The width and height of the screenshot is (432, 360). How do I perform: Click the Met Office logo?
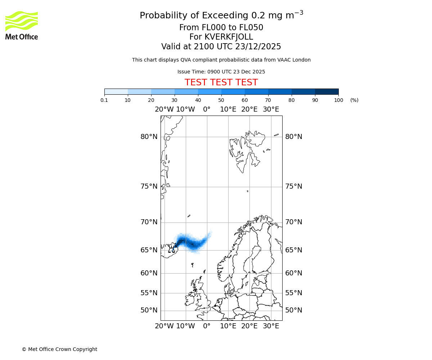[22, 25]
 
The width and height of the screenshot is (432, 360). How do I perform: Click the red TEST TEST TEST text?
[221, 82]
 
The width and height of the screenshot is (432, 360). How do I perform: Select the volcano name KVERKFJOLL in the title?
[229, 37]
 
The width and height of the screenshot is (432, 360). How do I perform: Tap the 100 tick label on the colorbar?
[338, 100]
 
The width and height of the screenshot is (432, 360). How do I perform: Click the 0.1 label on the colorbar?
[104, 100]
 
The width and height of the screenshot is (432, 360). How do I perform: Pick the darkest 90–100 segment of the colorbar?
[327, 91]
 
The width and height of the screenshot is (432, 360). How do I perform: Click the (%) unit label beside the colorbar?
[354, 100]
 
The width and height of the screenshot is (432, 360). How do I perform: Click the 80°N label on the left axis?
[149, 137]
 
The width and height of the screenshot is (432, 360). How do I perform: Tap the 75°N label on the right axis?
[294, 186]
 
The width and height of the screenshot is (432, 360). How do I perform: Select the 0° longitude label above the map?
[207, 109]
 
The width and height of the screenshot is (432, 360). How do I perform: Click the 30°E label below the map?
[271, 326]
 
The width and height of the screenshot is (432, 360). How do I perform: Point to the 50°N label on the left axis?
[149, 310]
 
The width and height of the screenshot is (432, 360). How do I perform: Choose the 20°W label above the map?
[164, 109]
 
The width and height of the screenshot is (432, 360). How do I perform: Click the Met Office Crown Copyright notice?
[59, 349]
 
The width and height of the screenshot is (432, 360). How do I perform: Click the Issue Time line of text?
[221, 72]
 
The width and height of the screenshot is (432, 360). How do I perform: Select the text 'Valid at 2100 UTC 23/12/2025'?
[221, 47]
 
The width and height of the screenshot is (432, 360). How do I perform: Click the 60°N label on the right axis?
[294, 273]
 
